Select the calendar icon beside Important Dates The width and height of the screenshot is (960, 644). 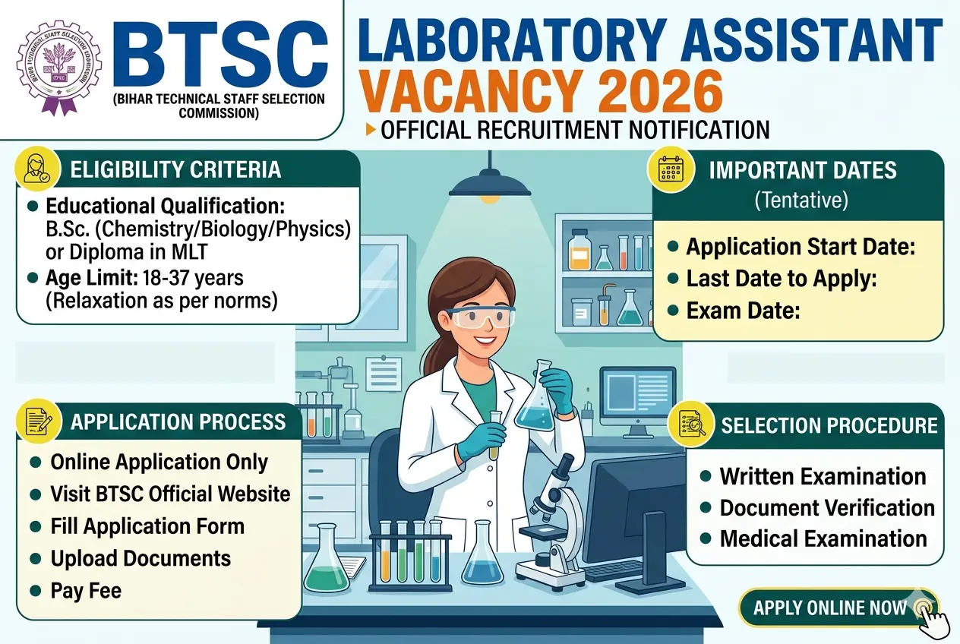point(671,169)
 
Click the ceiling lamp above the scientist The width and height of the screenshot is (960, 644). point(488,183)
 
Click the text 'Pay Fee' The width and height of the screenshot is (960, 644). point(86,590)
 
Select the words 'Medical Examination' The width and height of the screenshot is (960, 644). point(823,539)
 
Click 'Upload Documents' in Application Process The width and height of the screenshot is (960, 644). point(141,558)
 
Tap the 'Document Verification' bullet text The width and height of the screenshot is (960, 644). point(827,508)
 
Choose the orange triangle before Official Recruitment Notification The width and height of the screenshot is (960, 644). point(371,130)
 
